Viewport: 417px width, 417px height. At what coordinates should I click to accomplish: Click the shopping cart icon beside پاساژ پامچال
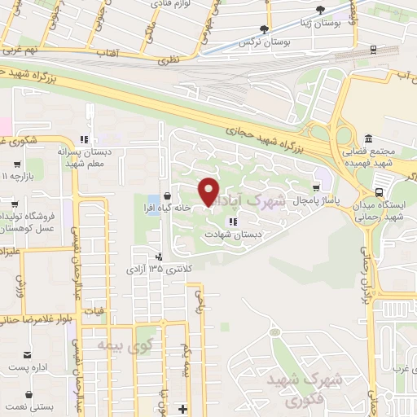[316, 187]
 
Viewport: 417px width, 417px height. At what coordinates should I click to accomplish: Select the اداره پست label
[24, 368]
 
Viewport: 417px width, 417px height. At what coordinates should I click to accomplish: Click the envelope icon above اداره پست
[29, 354]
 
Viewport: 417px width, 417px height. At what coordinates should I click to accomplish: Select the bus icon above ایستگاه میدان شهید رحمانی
[380, 192]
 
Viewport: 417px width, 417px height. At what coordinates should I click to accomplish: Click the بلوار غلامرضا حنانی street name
[33, 318]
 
